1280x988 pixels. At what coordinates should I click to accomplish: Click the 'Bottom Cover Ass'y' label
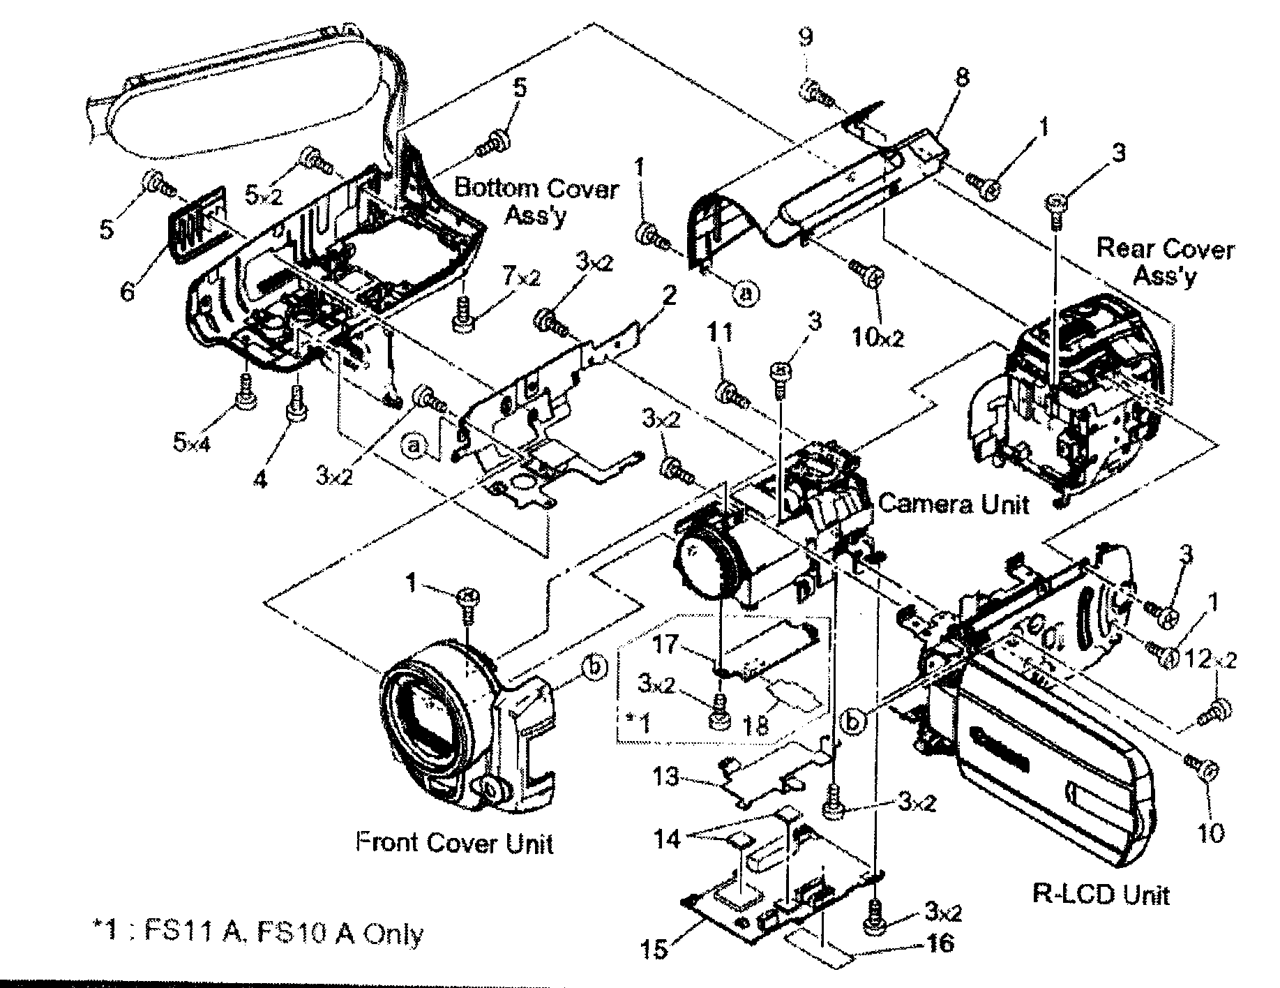[536, 200]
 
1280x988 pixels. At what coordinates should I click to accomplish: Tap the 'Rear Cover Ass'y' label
[1165, 262]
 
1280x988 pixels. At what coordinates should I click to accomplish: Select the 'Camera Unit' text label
[954, 504]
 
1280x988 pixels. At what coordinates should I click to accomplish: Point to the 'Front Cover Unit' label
[454, 843]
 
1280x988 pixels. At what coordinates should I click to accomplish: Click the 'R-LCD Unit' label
[1100, 894]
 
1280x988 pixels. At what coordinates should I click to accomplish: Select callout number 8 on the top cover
[962, 77]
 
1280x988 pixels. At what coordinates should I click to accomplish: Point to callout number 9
[806, 36]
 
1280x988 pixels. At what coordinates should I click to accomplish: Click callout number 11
[722, 333]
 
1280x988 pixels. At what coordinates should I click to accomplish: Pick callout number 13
[666, 777]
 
